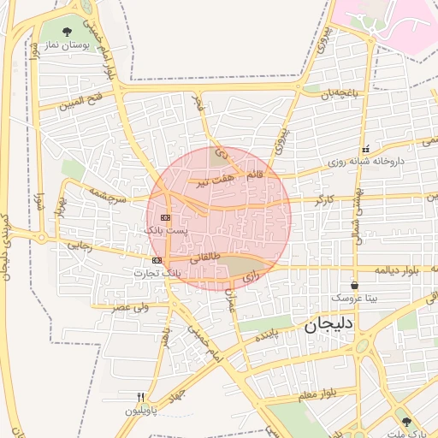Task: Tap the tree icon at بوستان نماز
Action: [68, 33]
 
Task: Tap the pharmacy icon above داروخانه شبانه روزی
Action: [365, 149]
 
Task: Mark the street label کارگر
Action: [324, 199]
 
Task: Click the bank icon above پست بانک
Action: [164, 218]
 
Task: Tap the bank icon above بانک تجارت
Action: [157, 260]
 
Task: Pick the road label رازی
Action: [250, 277]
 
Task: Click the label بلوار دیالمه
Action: [402, 269]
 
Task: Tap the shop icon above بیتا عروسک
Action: [355, 285]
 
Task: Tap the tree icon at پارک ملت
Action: [406, 422]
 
